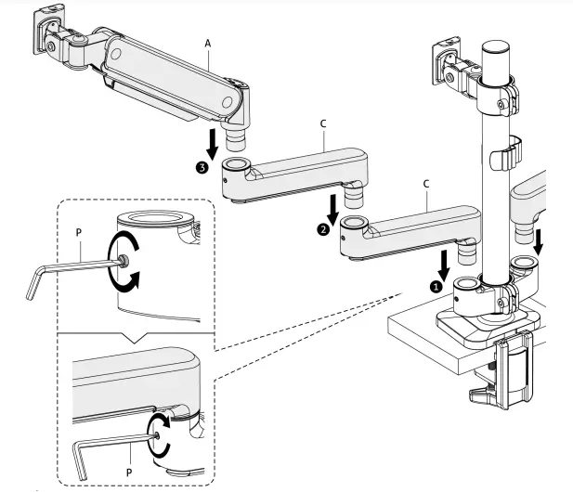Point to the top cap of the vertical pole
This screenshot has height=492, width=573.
point(498,45)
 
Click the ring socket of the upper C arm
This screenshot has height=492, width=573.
point(236,165)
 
